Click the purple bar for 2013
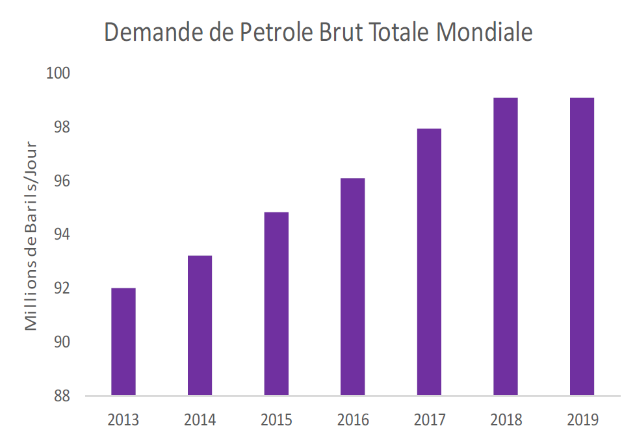click(x=123, y=341)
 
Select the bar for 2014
click(x=200, y=325)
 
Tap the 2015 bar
click(x=276, y=303)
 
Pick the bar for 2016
click(x=352, y=286)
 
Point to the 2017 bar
click(x=429, y=261)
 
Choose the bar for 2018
click(x=505, y=246)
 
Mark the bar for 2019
click(x=582, y=246)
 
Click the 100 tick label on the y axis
click(x=58, y=73)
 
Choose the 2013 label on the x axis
click(x=123, y=420)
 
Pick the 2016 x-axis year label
click(x=352, y=420)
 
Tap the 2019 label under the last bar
click(x=582, y=420)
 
